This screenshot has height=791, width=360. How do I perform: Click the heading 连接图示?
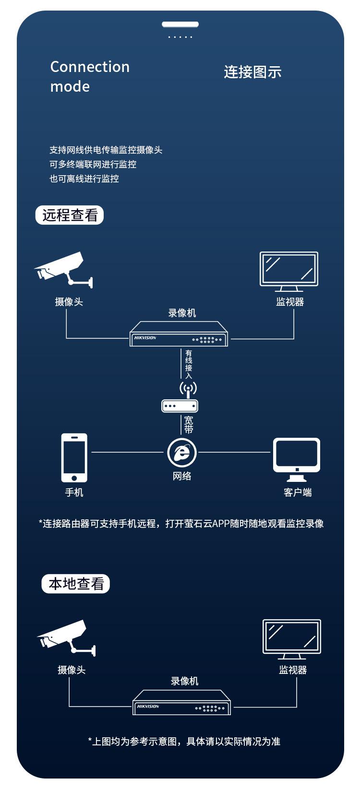252,72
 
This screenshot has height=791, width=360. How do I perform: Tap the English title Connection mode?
90,77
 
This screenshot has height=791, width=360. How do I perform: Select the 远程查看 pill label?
70,215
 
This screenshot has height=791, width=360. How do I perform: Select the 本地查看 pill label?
76,584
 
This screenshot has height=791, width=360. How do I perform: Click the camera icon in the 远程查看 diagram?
63,270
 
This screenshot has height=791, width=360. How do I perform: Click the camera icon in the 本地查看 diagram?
66,638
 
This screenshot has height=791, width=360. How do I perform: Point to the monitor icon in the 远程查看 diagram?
289,271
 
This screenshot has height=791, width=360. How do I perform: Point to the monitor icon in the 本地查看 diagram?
292,639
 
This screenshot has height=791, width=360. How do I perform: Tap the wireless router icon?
180,397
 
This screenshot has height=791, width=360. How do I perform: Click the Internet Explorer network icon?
182,452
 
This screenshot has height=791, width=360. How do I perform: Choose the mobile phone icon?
74,457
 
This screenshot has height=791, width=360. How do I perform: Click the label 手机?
74,492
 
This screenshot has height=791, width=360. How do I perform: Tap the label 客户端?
298,492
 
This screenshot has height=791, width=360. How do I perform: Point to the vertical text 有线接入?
189,364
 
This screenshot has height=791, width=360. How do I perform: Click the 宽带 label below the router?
189,424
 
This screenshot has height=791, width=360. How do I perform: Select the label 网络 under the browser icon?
182,476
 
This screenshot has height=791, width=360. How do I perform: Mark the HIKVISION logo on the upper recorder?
145,338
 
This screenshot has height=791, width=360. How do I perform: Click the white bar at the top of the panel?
180,24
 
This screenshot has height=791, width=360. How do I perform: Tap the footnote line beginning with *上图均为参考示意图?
184,741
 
